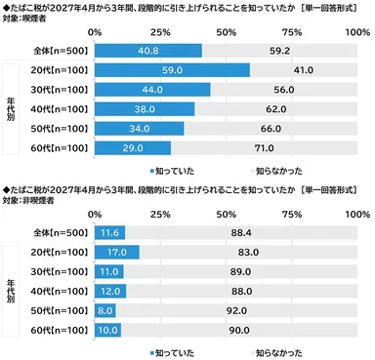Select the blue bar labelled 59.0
pyautogui.click(x=172, y=70)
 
